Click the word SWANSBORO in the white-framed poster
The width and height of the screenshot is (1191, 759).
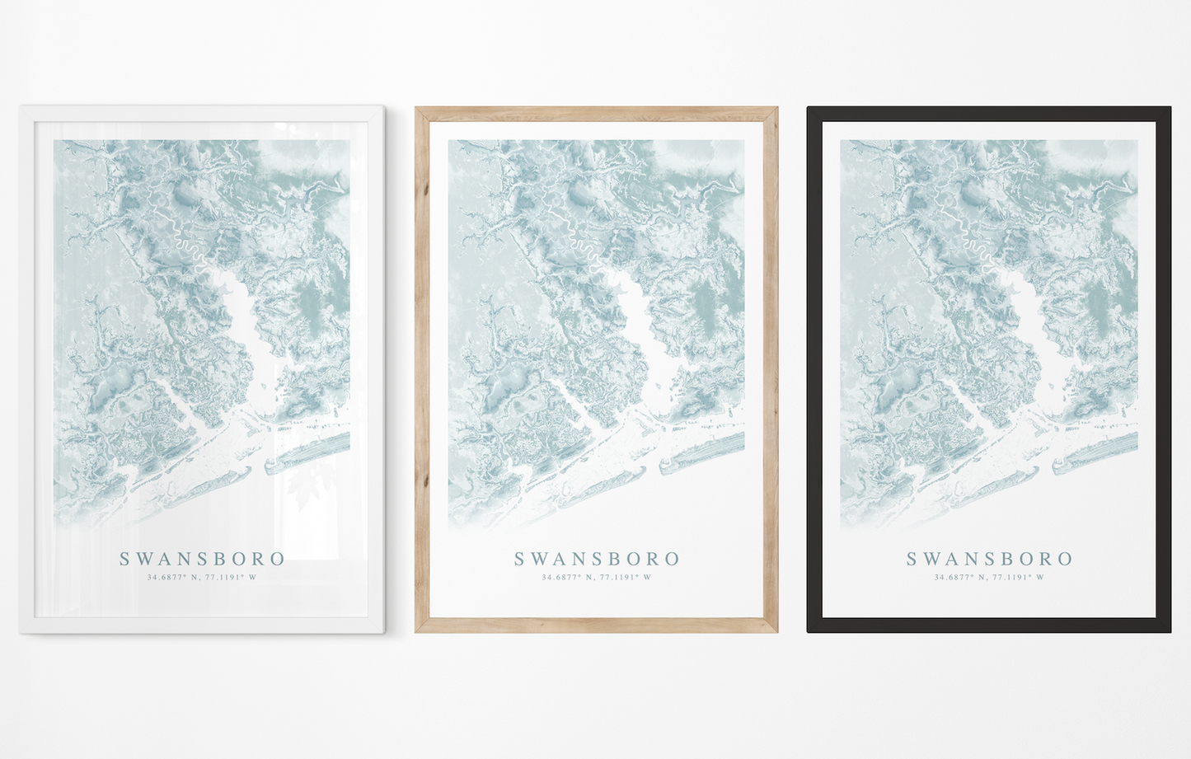[203, 559]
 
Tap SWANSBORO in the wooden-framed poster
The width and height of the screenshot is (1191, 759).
[597, 559]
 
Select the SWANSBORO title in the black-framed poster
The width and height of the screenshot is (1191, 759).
[989, 559]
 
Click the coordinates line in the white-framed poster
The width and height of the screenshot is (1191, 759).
[202, 578]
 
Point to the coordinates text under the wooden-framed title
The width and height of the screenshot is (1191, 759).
[596, 578]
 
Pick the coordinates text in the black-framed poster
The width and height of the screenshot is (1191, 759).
[989, 578]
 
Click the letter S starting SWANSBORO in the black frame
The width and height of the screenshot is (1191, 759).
[912, 559]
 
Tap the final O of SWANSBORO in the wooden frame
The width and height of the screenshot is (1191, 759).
[673, 559]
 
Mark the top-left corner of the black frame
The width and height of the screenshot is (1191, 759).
[809, 109]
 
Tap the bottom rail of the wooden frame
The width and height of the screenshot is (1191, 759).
[596, 625]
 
